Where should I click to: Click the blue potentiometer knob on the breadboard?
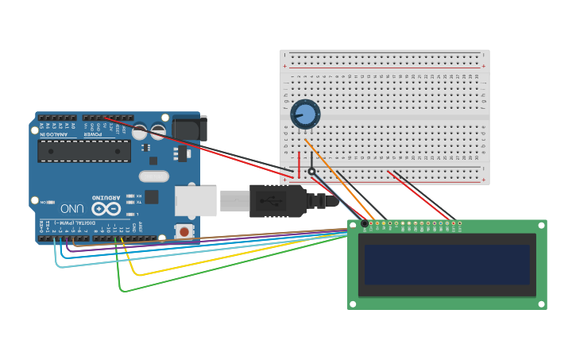305,115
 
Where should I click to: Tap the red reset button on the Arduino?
184,231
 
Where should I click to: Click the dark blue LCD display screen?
447,265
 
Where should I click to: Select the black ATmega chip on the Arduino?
84,151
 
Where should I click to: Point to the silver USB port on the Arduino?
195,201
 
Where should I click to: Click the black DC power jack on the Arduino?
190,128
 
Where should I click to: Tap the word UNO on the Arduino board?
72,209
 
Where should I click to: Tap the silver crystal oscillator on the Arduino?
154,176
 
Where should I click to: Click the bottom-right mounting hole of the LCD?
540,304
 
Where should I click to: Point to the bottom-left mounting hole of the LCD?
354,304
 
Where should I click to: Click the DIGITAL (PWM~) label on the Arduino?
75,230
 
